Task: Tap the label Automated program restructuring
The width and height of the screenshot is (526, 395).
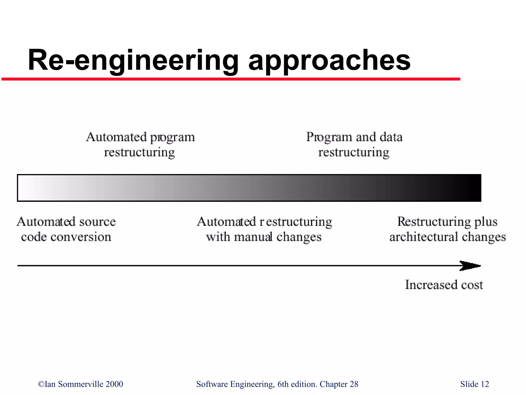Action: coord(140,145)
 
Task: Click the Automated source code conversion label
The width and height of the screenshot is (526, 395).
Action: coord(66,229)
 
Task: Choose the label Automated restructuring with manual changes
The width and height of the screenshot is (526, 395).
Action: coord(264,229)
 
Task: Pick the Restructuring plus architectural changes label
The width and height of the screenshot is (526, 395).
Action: coord(447,229)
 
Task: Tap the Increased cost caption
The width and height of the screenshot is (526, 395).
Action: coord(444,285)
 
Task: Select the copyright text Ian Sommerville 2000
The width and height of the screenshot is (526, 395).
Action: coord(81,384)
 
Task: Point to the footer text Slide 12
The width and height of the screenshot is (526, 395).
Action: coord(474,384)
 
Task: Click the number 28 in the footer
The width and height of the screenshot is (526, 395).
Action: coord(354,384)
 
